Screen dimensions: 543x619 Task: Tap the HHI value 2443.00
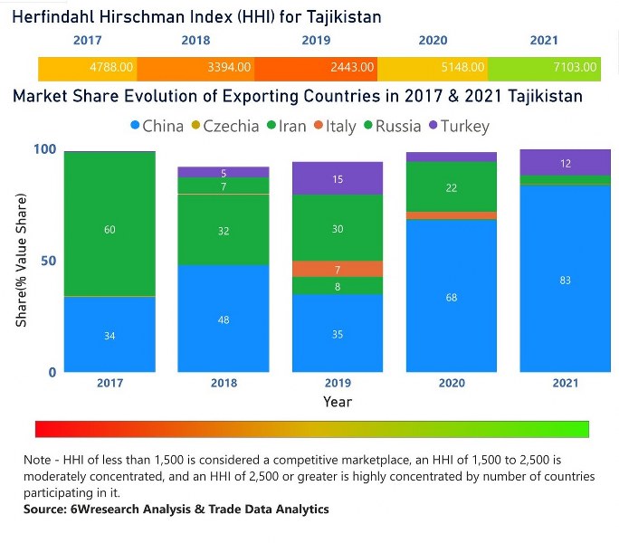(x=351, y=67)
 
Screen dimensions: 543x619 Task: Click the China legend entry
(x=157, y=127)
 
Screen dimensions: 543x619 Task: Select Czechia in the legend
(x=224, y=127)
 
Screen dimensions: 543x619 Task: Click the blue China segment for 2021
(x=565, y=281)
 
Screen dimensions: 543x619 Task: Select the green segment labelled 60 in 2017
(x=110, y=230)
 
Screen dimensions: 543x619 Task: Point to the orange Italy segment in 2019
(x=337, y=269)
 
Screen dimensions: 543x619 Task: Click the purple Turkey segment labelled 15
(x=337, y=179)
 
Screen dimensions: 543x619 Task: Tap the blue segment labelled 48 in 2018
(x=224, y=319)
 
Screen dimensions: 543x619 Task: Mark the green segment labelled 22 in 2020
(x=451, y=187)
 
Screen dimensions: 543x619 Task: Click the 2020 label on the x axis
(x=451, y=383)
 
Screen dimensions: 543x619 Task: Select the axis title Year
(x=337, y=401)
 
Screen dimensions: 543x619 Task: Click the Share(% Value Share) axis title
(x=21, y=261)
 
